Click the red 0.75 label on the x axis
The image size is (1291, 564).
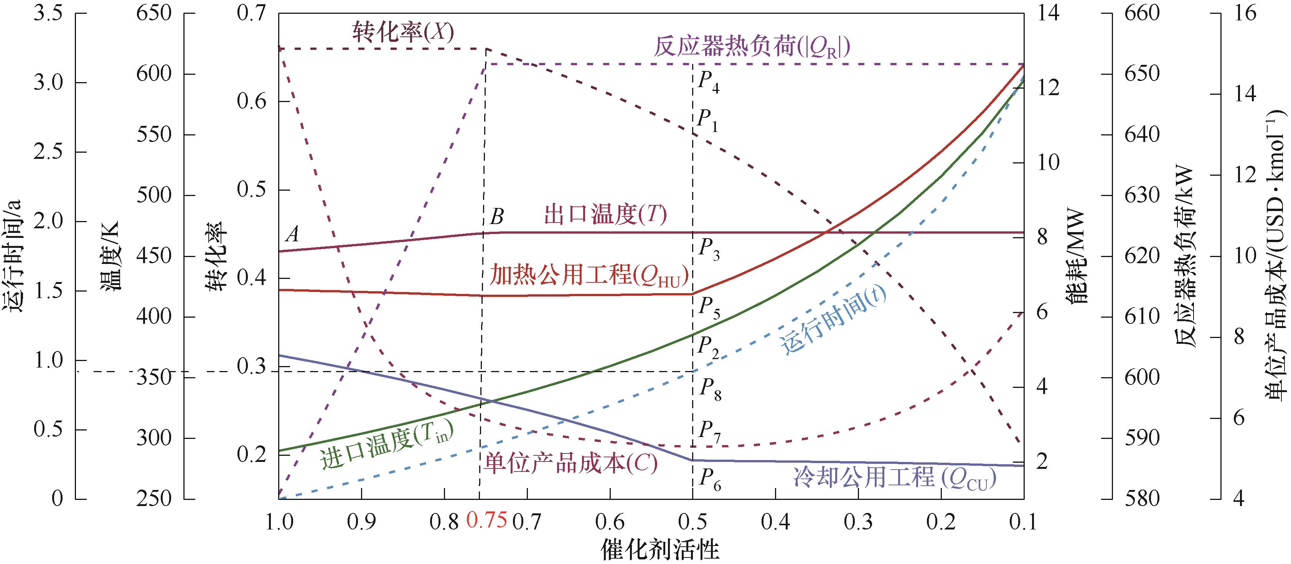[x=486, y=521]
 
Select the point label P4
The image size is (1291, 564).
[x=708, y=82]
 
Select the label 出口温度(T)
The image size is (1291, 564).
[x=605, y=216]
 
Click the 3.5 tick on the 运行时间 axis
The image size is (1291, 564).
[x=48, y=13]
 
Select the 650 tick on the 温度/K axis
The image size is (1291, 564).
[x=154, y=13]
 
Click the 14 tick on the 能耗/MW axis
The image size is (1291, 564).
[x=1047, y=13]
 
